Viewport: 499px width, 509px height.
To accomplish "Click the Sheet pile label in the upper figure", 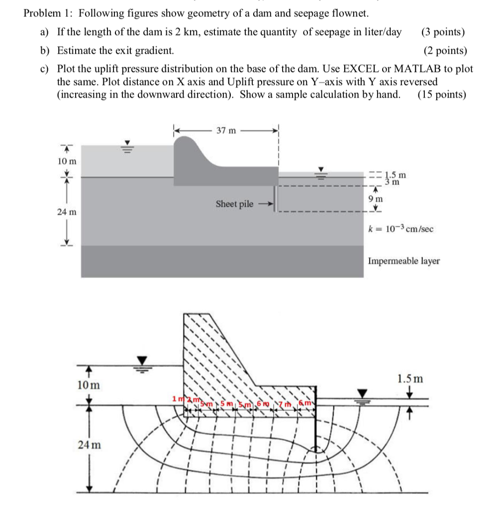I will pyautogui.click(x=234, y=204).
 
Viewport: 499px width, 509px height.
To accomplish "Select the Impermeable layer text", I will pyautogui.click(x=403, y=261).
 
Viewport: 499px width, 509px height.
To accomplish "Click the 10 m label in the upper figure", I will pyautogui.click(x=68, y=162).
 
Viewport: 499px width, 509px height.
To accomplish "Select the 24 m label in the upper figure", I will pyautogui.click(x=68, y=212).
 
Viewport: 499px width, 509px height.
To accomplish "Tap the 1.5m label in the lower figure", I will pyautogui.click(x=410, y=379).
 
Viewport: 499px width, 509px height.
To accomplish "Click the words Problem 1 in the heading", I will pyautogui.click(x=47, y=13).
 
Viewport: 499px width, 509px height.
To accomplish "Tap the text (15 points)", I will pyautogui.click(x=442, y=94).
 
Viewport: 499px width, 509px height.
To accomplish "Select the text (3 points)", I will pyautogui.click(x=443, y=32).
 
